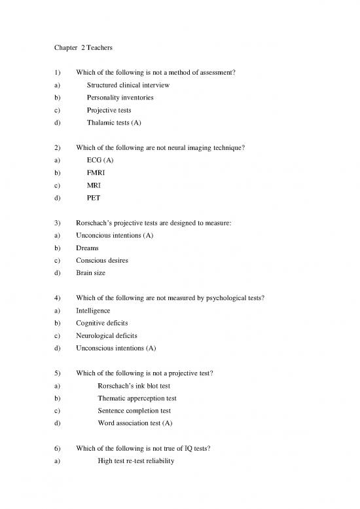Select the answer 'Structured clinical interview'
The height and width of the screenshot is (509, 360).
tap(128, 85)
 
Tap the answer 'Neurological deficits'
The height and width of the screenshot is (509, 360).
tap(107, 335)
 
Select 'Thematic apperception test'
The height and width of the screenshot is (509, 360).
tap(137, 398)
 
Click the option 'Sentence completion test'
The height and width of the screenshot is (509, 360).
tap(134, 411)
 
